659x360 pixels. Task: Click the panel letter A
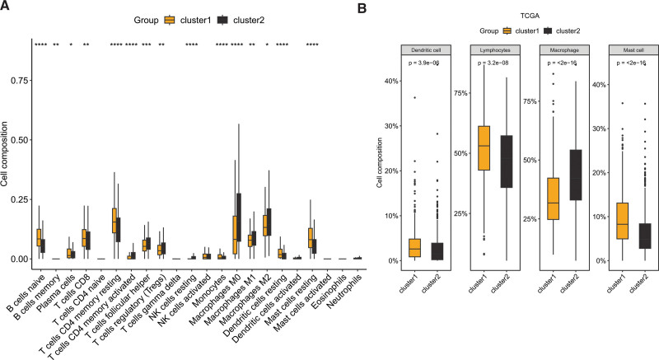[6, 7]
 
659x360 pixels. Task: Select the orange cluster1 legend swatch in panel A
[171, 18]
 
